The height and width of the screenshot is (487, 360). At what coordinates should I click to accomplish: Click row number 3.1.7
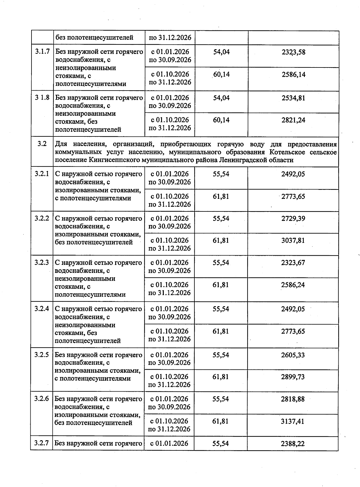tap(42, 52)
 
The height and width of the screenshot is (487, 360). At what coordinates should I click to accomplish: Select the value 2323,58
tap(293, 52)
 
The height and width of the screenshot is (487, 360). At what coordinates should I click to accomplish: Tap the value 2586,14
tap(293, 75)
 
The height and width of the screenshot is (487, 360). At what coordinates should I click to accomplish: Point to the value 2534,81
tap(293, 98)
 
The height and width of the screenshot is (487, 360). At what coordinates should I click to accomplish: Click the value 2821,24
tap(293, 120)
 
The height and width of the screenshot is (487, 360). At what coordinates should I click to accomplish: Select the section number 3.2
tap(42, 144)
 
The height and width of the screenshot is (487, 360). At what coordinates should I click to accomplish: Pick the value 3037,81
tap(293, 241)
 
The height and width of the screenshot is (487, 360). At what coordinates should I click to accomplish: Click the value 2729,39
tap(293, 219)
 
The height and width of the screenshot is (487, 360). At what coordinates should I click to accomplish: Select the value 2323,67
tap(293, 263)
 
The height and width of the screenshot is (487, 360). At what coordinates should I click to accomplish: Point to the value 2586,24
tap(293, 285)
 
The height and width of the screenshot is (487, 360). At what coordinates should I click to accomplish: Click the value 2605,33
tap(293, 355)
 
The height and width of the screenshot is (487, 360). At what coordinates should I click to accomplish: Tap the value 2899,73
tap(293, 377)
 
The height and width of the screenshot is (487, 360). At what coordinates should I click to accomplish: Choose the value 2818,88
tap(293, 399)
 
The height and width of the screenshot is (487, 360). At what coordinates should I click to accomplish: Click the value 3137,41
tap(292, 421)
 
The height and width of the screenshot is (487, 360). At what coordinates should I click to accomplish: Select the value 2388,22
tap(292, 444)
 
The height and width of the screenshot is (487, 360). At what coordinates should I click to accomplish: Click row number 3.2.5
tap(42, 355)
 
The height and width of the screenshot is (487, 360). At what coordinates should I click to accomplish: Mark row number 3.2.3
tap(42, 263)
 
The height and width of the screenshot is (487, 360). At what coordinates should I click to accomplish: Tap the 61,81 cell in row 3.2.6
tap(220, 421)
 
